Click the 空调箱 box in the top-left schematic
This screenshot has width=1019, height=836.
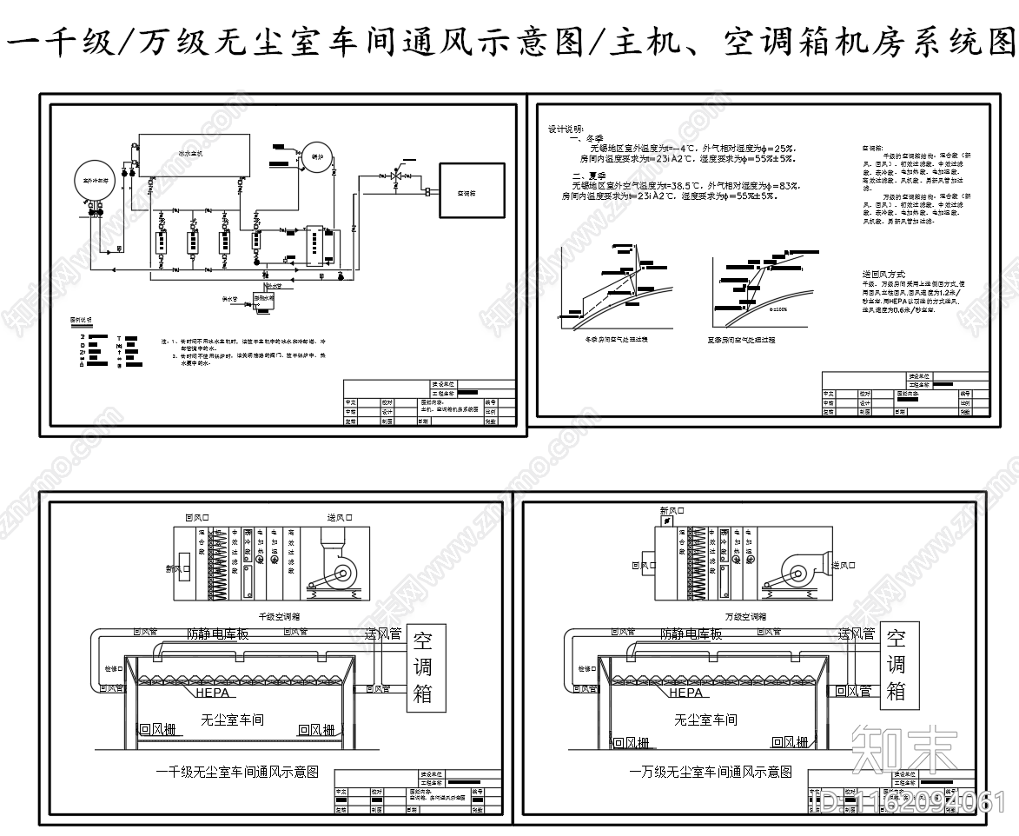(x=466, y=193)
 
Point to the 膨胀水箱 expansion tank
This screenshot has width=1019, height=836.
(x=263, y=298)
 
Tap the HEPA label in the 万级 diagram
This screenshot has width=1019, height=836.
(x=685, y=693)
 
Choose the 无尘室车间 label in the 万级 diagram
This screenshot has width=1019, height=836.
(x=705, y=720)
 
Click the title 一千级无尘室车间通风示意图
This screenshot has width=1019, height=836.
(x=238, y=771)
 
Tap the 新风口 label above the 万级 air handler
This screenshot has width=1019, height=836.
(x=672, y=511)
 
